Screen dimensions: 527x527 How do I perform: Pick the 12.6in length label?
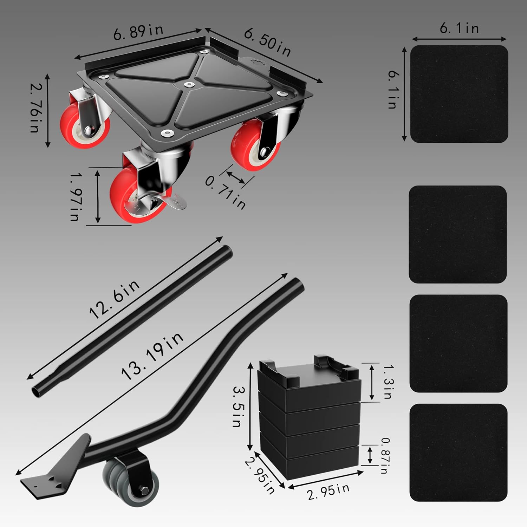[115, 299]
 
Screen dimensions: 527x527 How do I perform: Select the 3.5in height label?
[240, 406]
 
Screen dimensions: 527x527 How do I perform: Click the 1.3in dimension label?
[388, 382]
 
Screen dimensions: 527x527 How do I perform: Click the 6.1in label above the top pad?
[459, 28]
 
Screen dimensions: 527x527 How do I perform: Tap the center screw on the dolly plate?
[189, 85]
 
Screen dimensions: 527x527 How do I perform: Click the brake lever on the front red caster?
[176, 204]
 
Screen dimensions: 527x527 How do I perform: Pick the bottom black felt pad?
[458, 453]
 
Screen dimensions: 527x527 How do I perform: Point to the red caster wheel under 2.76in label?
[85, 127]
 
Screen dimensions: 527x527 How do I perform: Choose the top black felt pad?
[459, 94]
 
